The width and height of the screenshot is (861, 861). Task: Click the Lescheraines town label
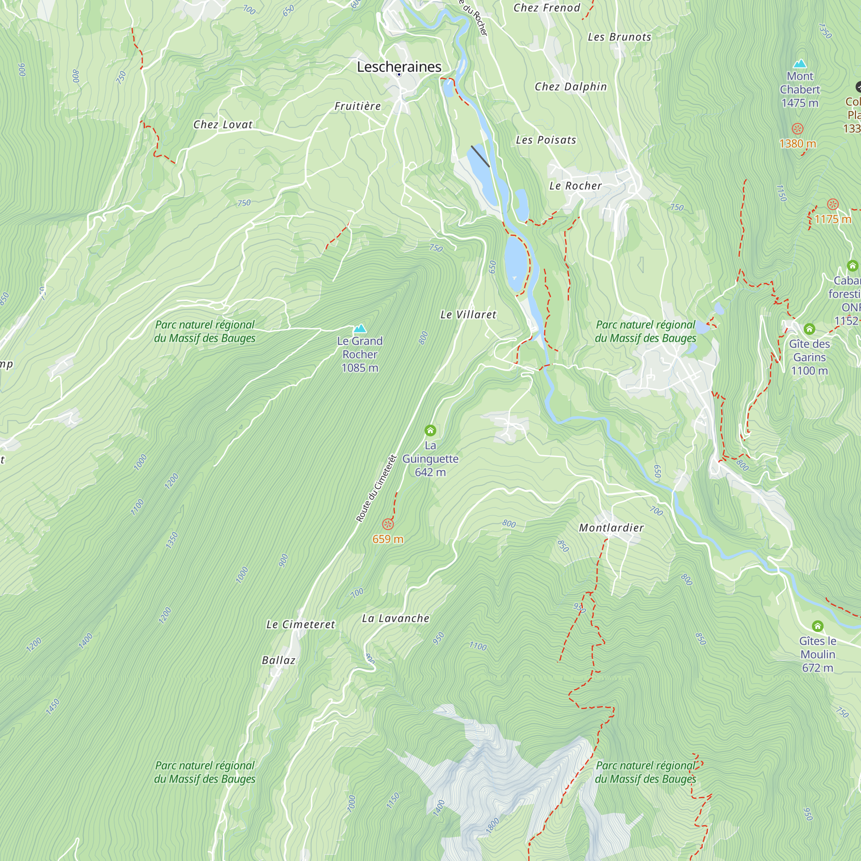click(x=399, y=67)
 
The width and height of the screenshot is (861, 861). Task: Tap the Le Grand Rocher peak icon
click(x=359, y=329)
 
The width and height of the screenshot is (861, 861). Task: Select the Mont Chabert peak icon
click(x=800, y=63)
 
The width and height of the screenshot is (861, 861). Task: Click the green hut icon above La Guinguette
click(x=430, y=430)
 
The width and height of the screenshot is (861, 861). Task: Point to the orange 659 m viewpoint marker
click(x=388, y=524)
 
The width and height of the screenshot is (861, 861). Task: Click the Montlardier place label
click(x=611, y=528)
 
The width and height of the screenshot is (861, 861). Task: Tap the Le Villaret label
click(x=468, y=315)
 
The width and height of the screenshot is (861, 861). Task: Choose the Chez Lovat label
click(x=223, y=125)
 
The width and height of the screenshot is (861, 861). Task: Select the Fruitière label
click(x=357, y=106)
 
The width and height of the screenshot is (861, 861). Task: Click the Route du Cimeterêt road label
click(x=376, y=488)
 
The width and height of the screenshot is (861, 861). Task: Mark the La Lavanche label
click(x=395, y=619)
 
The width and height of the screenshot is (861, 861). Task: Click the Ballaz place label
click(x=279, y=660)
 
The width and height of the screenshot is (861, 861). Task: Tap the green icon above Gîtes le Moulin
click(x=818, y=626)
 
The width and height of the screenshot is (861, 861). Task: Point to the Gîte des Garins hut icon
click(x=809, y=329)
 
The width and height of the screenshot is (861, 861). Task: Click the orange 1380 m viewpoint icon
click(x=797, y=129)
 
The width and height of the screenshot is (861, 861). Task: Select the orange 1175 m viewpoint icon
click(x=833, y=204)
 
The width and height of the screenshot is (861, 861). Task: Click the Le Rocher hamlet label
click(x=575, y=186)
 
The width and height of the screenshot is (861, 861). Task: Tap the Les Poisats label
click(x=546, y=140)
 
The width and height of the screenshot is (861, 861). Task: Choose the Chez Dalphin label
click(x=570, y=87)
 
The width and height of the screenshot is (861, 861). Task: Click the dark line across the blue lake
click(x=480, y=156)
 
